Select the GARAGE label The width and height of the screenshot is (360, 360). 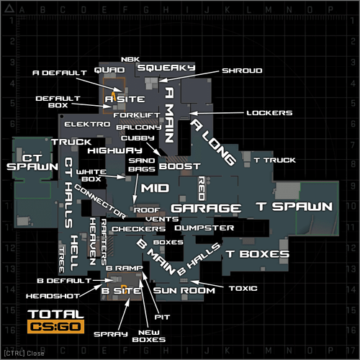tap(206, 208)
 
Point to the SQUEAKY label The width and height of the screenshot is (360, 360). tap(166, 67)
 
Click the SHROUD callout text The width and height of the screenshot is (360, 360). tap(242, 71)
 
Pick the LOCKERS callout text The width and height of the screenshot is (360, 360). tap(269, 113)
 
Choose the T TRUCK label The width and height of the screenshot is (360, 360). tap(274, 160)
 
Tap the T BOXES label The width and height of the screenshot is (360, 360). tap(257, 254)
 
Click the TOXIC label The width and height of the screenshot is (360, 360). tap(242, 288)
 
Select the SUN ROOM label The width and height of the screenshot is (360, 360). tap(184, 291)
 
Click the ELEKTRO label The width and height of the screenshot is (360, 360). tap(91, 124)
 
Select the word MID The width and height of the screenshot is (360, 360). tap(154, 188)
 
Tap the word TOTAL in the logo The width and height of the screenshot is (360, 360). tap(55, 315)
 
